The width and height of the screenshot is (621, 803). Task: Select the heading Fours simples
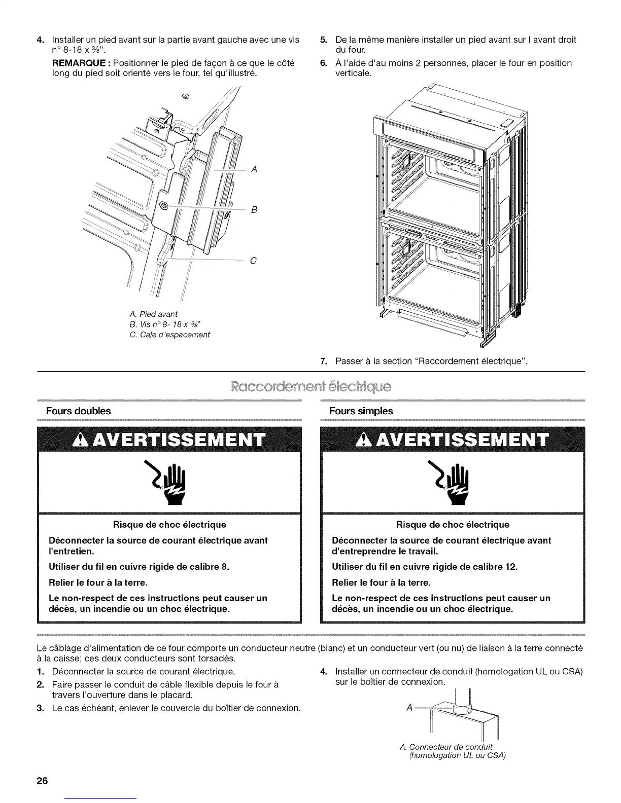361,411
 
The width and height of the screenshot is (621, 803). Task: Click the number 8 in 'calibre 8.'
224,566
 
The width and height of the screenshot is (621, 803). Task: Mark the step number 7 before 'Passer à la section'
323,361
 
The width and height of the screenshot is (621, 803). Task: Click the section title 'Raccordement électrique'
311,387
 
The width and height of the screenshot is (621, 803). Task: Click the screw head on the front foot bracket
164,205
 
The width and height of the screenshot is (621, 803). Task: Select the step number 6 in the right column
323,63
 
